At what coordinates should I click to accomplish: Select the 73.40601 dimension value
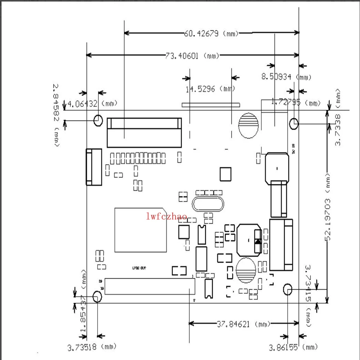click(182, 55)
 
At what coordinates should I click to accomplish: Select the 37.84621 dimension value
click(233, 324)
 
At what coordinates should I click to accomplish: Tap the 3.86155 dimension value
click(283, 347)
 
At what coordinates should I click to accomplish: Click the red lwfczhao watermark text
click(167, 217)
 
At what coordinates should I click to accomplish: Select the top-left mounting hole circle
click(98, 120)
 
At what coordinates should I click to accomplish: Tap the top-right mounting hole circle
click(294, 123)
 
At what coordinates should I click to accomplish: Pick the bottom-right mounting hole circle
click(287, 289)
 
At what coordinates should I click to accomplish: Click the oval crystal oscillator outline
click(209, 205)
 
